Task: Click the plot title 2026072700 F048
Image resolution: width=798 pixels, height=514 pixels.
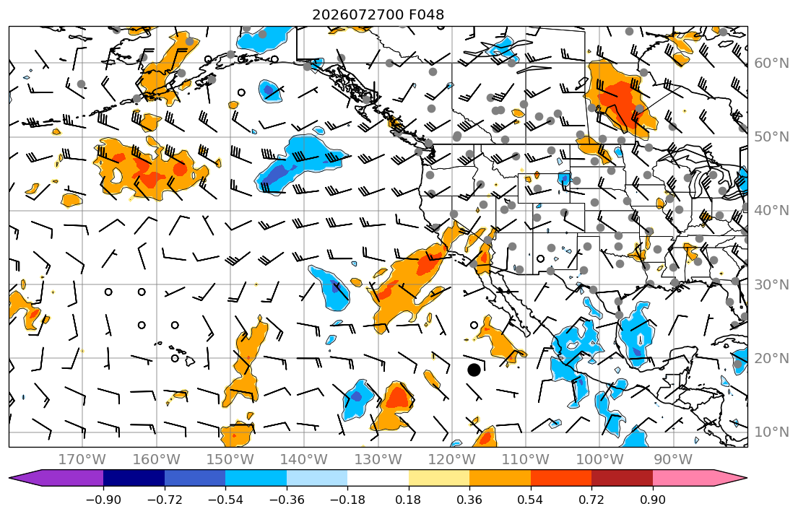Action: coord(378,14)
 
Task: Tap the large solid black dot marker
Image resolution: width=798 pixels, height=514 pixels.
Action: coord(474,370)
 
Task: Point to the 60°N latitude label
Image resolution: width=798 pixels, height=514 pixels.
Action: coord(771,63)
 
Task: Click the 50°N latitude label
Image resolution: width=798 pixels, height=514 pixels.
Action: coord(771,137)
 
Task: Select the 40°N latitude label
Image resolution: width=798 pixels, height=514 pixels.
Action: coord(771,211)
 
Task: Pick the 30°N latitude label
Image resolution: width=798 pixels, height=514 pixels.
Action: coord(771,284)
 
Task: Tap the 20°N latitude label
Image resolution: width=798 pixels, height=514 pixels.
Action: coord(771,358)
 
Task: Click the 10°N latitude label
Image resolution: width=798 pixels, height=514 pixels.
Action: coord(771,432)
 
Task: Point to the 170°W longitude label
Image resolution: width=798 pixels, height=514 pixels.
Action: coord(82,460)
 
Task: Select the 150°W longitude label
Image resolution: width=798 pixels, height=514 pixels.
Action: coord(230,460)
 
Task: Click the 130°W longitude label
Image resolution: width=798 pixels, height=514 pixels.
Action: coord(378,460)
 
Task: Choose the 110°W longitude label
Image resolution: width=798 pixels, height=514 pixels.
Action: coord(526,460)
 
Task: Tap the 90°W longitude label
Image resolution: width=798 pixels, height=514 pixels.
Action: coord(673,460)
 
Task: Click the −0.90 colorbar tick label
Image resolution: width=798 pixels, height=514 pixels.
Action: coord(103,500)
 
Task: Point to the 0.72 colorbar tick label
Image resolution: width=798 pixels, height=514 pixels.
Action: coord(591,500)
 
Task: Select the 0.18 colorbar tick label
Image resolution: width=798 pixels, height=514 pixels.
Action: coord(408,500)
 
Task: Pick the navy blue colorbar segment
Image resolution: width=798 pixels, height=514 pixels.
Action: coord(134,478)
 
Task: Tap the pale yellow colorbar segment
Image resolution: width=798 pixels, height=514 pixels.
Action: coord(438,478)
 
